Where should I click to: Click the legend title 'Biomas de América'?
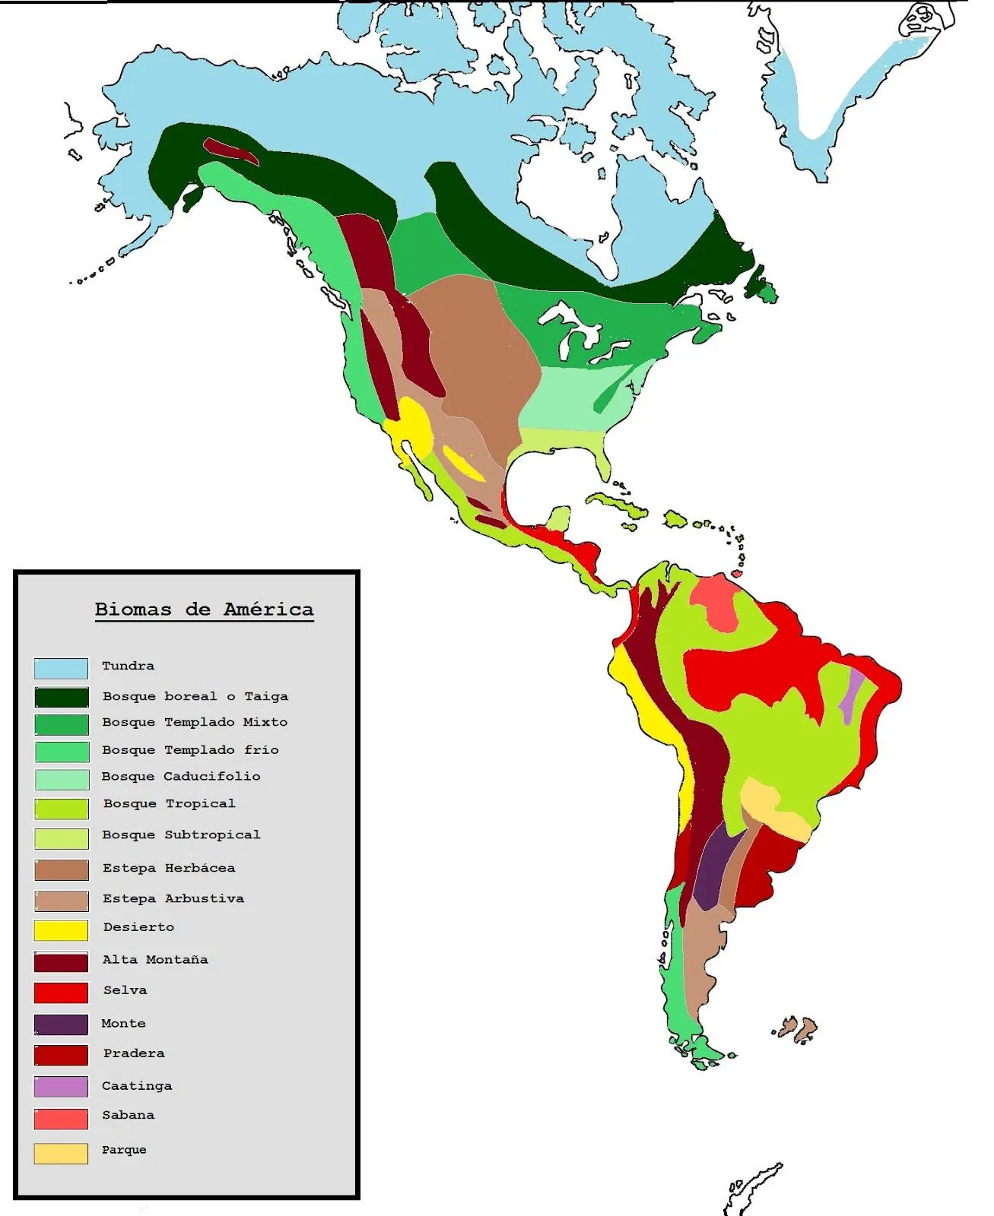point(204,610)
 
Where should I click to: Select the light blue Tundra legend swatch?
point(61,668)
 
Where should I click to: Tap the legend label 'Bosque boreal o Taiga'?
point(195,696)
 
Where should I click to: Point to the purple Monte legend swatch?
point(61,1024)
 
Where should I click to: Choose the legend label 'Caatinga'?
point(137,1086)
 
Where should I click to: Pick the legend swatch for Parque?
point(61,1153)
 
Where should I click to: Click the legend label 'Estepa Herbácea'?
point(169,868)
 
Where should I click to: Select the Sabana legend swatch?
point(61,1119)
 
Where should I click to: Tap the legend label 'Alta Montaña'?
point(155,960)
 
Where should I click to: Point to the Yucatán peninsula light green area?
point(559,519)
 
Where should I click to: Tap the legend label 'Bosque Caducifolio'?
point(181,777)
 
